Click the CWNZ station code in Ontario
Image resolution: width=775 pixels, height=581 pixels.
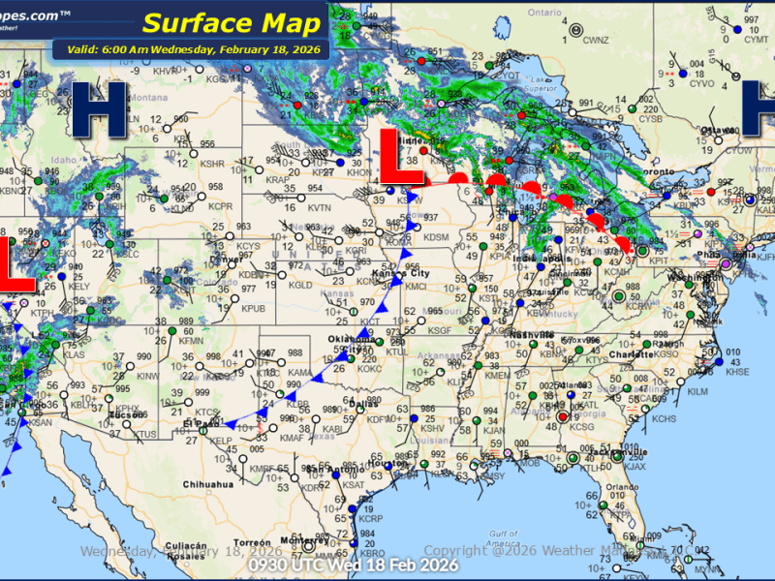[595, 41]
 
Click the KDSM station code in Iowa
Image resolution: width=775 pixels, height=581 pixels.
[437, 237]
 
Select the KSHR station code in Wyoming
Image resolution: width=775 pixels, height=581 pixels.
[212, 164]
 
